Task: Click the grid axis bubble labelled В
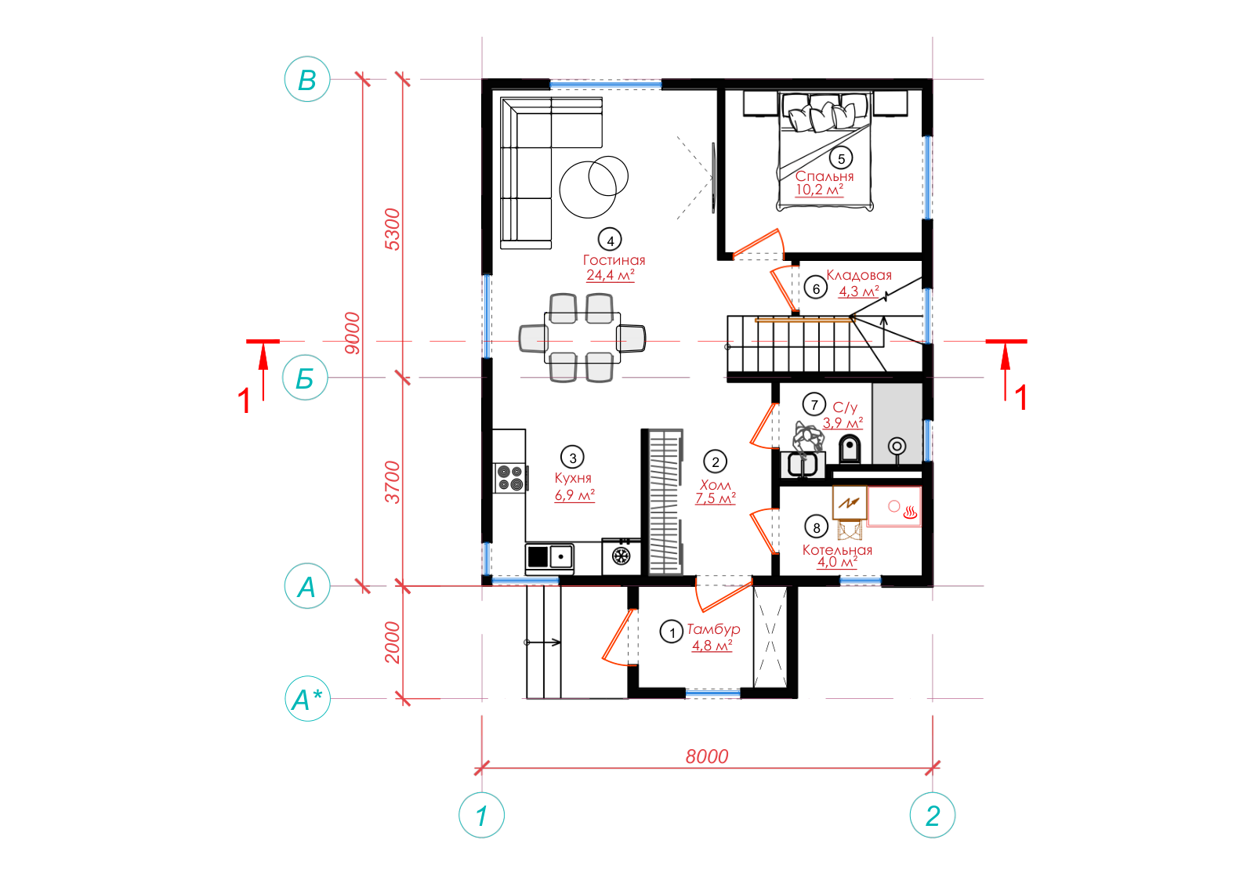point(307,79)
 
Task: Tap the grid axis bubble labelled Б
point(305,378)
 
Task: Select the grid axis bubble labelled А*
point(308,699)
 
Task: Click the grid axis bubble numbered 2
point(933,816)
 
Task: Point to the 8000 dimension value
point(706,757)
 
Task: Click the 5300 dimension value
point(393,230)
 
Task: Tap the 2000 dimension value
point(393,643)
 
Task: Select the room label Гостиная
point(614,260)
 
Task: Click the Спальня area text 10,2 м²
point(820,190)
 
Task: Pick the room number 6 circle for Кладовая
point(816,289)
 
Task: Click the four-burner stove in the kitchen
point(510,478)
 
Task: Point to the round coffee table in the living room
point(588,189)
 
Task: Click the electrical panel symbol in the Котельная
point(850,503)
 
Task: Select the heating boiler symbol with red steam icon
point(894,506)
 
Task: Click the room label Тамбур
point(714,629)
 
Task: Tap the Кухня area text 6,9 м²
point(574,495)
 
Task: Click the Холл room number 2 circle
point(715,462)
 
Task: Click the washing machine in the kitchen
point(621,556)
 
